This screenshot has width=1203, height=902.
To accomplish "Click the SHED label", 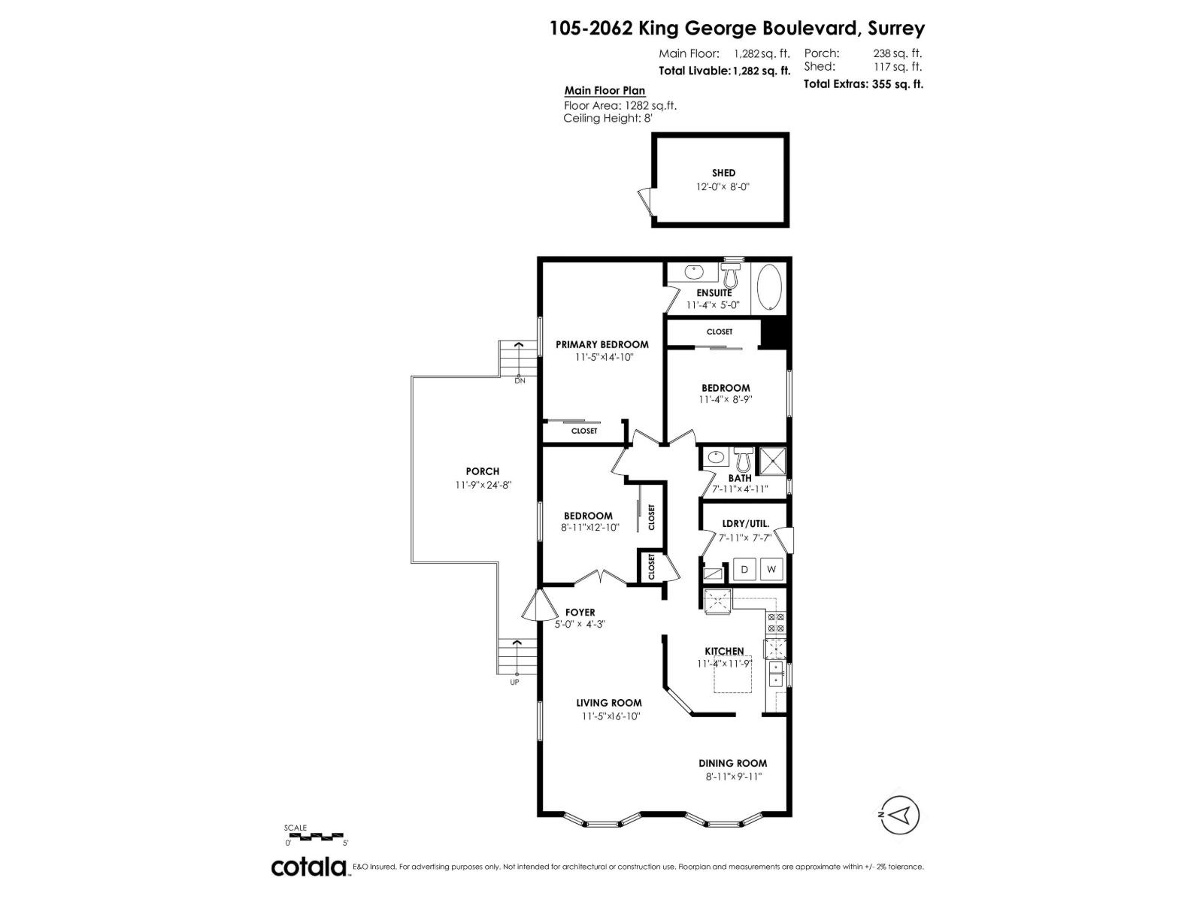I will pyautogui.click(x=723, y=173).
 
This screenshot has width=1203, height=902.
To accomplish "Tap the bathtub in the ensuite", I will pyautogui.click(x=769, y=288).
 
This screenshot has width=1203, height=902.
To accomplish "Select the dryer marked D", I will pyautogui.click(x=744, y=569).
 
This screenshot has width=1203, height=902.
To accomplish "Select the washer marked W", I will pyautogui.click(x=771, y=569).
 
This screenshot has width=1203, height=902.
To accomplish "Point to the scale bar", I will pyautogui.click(x=314, y=837).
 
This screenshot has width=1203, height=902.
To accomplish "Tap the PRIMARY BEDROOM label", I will pyautogui.click(x=601, y=344).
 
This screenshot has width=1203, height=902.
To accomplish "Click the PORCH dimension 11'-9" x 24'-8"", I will pyautogui.click(x=482, y=486).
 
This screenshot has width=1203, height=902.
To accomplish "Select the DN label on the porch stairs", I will pyautogui.click(x=520, y=380).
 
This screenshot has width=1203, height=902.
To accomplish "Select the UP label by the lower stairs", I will pyautogui.click(x=515, y=683).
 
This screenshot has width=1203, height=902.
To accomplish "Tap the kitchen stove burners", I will pyautogui.click(x=775, y=622).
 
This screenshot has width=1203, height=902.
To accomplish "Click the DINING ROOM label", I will pyautogui.click(x=732, y=763).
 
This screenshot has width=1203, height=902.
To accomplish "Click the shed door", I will pyautogui.click(x=644, y=201).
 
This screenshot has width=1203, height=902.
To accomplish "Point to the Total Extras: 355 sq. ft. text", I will pyautogui.click(x=863, y=84).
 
